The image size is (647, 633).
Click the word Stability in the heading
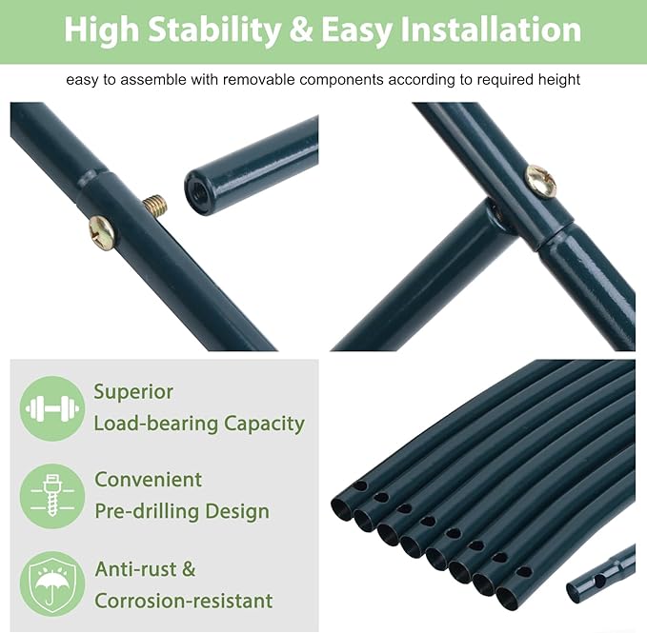tap(214, 30)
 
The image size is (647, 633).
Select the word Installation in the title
tap(491, 30)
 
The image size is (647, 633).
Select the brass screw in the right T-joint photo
tap(540, 182)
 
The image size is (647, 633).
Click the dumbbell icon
tap(52, 408)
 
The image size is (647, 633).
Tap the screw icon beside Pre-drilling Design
tap(52, 496)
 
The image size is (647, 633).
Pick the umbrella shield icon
tap(52, 584)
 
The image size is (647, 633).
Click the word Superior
tap(133, 392)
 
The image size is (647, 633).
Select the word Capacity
tap(264, 424)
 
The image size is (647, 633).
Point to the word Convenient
tap(148, 480)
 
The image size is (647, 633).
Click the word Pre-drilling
tap(147, 511)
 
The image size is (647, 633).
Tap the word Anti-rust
tap(135, 569)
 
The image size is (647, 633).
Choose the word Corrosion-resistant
tap(184, 601)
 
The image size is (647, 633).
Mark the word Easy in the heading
tap(356, 30)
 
